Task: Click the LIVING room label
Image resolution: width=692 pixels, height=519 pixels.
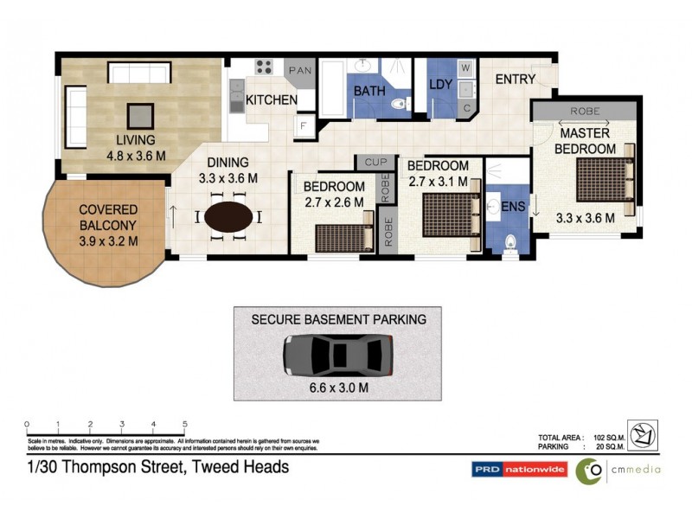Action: coord(137,140)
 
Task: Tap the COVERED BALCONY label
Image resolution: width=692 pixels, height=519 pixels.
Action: coord(109,210)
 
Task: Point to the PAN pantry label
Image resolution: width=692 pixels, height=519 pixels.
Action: coord(300,70)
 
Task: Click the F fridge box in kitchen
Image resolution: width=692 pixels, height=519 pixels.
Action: coord(304,126)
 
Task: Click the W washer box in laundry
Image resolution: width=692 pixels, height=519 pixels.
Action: coord(466,67)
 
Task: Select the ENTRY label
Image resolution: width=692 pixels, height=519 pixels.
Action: coord(516,79)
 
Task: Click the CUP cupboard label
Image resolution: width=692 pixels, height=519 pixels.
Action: coord(375,162)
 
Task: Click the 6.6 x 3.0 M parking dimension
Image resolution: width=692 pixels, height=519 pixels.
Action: coord(337,388)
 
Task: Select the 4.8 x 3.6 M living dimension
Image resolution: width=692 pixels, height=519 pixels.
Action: coord(137,156)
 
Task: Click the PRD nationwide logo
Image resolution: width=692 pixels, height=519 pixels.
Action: coord(519,470)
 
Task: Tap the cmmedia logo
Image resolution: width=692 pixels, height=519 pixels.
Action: coord(618,471)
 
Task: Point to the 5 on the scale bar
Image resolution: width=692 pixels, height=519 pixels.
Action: coord(185,424)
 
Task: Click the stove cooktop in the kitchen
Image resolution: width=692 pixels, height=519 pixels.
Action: coord(264,67)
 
